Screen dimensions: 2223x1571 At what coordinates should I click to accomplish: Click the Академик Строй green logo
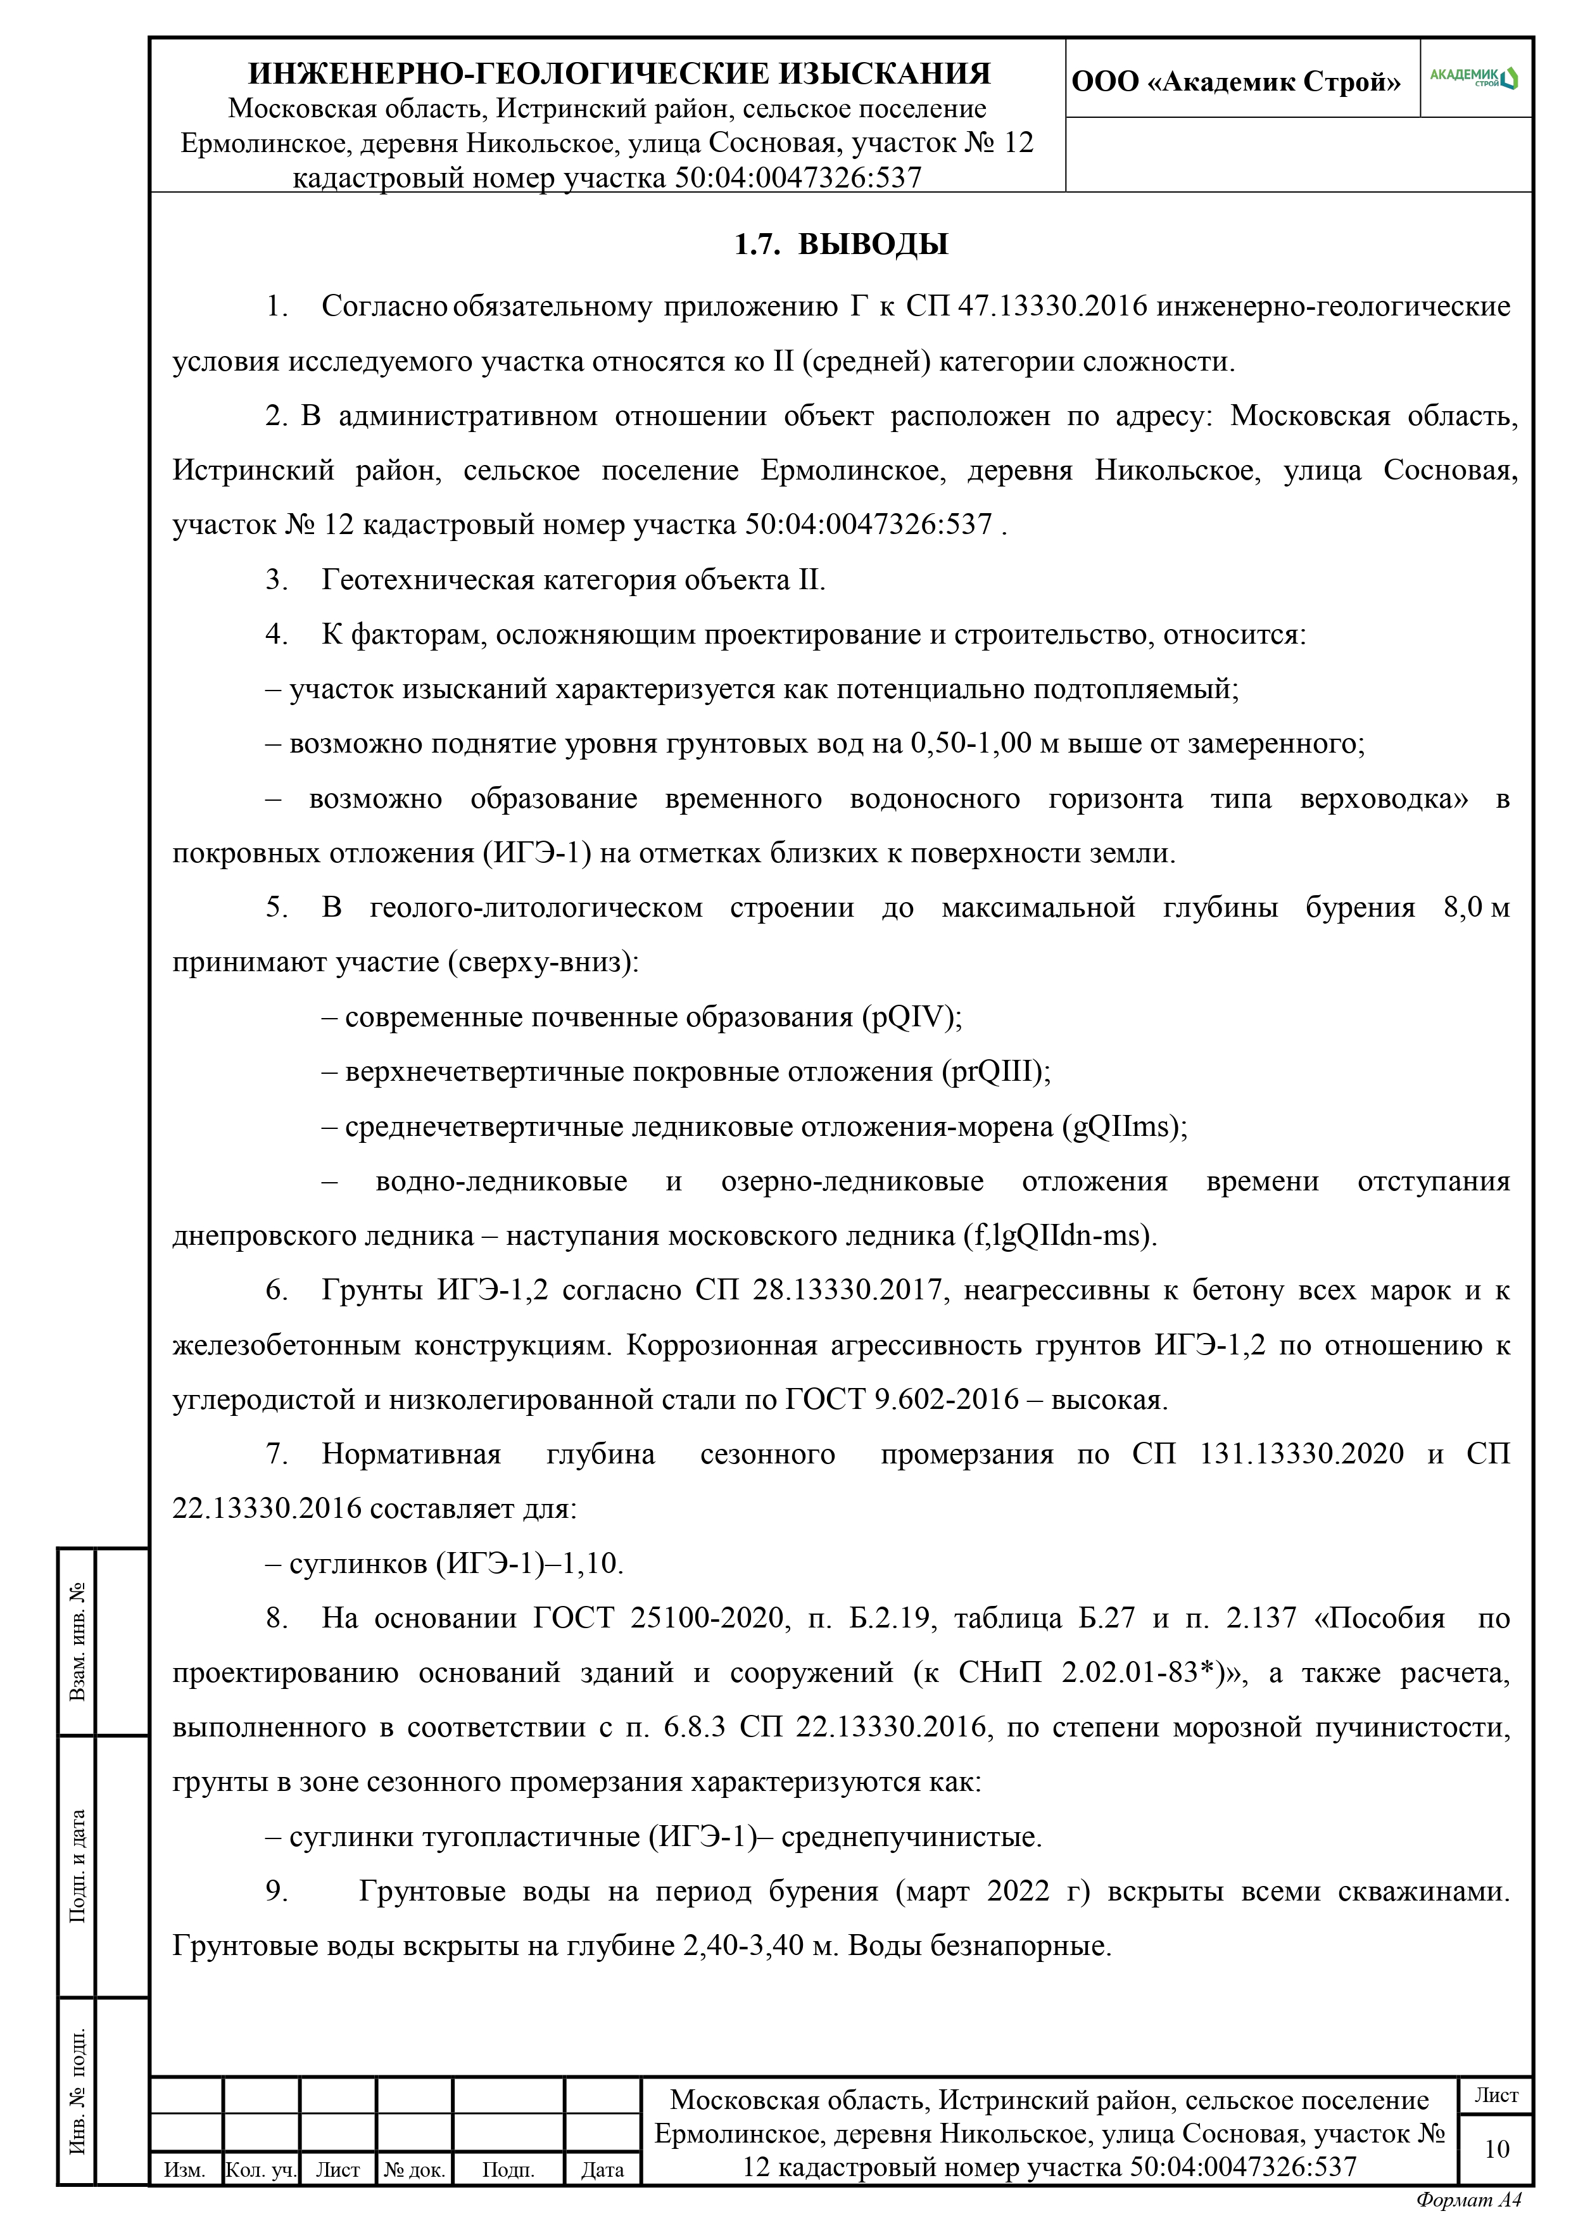1473,77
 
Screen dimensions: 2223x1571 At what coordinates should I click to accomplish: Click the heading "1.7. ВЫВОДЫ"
840,244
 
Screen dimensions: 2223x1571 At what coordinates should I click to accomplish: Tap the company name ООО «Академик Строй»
1235,81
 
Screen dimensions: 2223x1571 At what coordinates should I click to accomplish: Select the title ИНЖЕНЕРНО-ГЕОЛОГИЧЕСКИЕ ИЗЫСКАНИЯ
619,73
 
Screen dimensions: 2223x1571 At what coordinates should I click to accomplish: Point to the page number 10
1496,2148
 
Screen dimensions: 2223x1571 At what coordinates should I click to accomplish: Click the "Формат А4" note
1467,2199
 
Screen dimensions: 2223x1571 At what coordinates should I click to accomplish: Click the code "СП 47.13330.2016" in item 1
1026,307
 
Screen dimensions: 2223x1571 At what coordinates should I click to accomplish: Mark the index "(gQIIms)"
1125,1127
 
